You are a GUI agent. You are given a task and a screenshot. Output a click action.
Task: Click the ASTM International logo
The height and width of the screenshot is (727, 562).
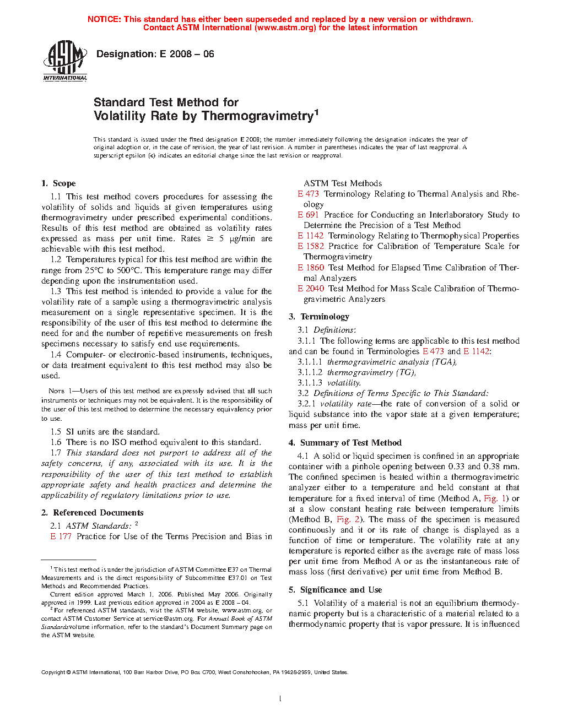pos(65,61)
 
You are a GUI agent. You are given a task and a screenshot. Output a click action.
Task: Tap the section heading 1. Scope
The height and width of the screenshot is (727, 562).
pos(58,183)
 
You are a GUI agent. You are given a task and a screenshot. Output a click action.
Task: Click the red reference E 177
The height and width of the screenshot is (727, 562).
pos(61,536)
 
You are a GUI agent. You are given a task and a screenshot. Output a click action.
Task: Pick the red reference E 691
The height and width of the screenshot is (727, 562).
pos(308,215)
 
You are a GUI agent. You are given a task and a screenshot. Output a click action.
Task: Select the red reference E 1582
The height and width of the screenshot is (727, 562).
pos(310,246)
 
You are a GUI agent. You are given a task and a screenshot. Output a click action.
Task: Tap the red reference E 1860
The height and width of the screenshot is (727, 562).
pos(310,268)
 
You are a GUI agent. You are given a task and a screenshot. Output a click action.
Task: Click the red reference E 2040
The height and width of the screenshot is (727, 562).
pos(310,289)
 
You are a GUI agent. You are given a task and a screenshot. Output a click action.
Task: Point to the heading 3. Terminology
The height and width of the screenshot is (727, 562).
pos(319,317)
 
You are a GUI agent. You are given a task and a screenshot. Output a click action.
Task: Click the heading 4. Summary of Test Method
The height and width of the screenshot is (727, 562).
pos(345,443)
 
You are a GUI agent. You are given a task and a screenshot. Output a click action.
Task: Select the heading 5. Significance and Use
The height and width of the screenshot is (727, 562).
pos(335,590)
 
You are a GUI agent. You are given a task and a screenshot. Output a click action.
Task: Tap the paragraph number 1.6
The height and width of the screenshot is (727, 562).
pos(56,442)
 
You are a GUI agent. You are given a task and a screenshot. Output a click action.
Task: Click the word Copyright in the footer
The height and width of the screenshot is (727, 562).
pos(53,672)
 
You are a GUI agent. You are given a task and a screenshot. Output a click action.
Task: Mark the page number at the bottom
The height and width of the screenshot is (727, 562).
pos(280,699)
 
